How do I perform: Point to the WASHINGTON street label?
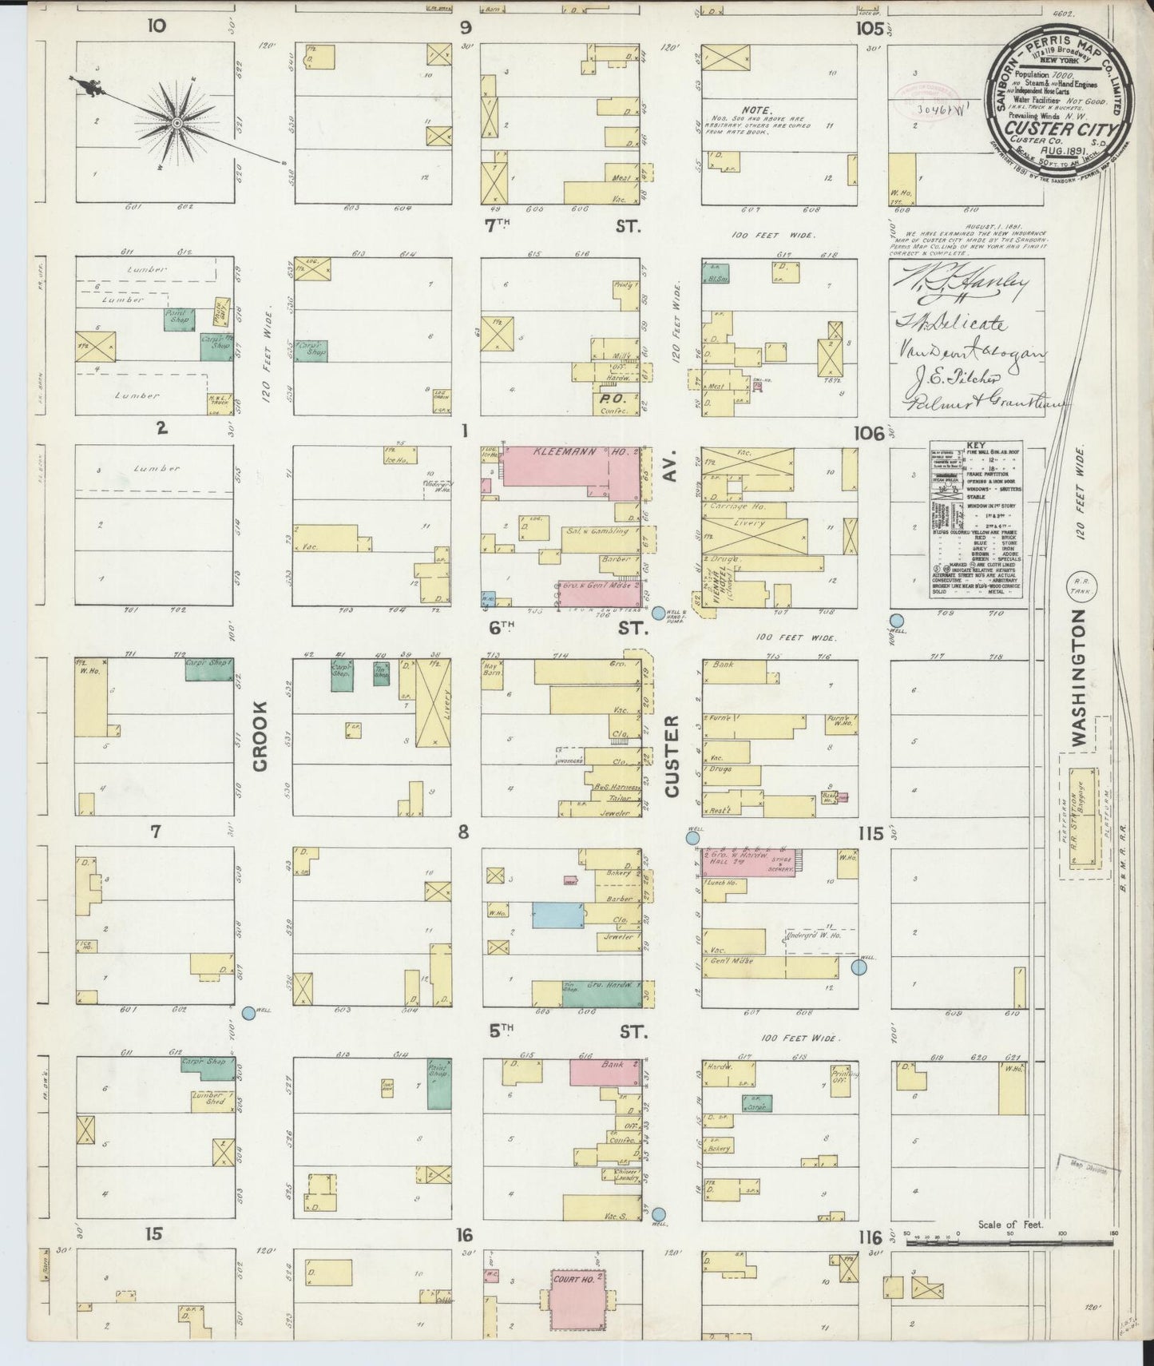pyautogui.click(x=1079, y=679)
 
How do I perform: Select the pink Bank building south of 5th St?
pyautogui.click(x=605, y=1071)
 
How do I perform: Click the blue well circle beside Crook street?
pyautogui.click(x=248, y=1012)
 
